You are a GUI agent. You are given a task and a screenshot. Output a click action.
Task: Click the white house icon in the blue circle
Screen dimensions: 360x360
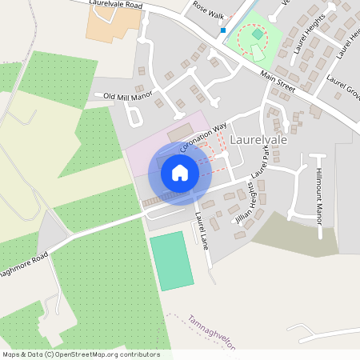[180, 172]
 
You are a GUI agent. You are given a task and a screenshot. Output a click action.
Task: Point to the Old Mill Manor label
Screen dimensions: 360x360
[127, 96]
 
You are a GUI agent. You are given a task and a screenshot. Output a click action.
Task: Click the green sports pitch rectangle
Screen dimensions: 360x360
[171, 261]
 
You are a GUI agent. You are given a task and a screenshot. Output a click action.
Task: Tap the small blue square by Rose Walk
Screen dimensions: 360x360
[223, 31]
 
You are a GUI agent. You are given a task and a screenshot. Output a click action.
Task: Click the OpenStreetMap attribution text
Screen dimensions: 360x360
[81, 354]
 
